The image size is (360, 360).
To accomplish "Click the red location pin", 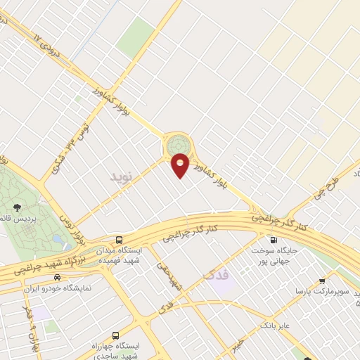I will tap(181, 164).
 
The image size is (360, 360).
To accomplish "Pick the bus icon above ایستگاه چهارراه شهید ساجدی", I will tap(115, 335).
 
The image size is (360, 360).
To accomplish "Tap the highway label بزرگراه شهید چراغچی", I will tap(42, 263).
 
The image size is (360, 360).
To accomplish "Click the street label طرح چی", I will tap(330, 182).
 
